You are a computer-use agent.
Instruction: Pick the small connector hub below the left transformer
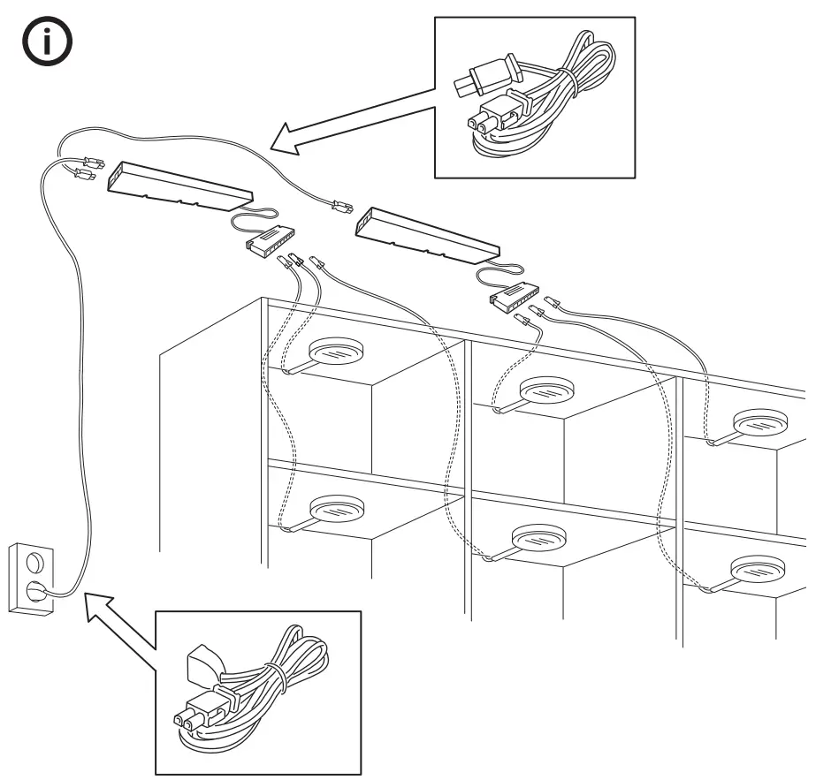coord(271,239)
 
